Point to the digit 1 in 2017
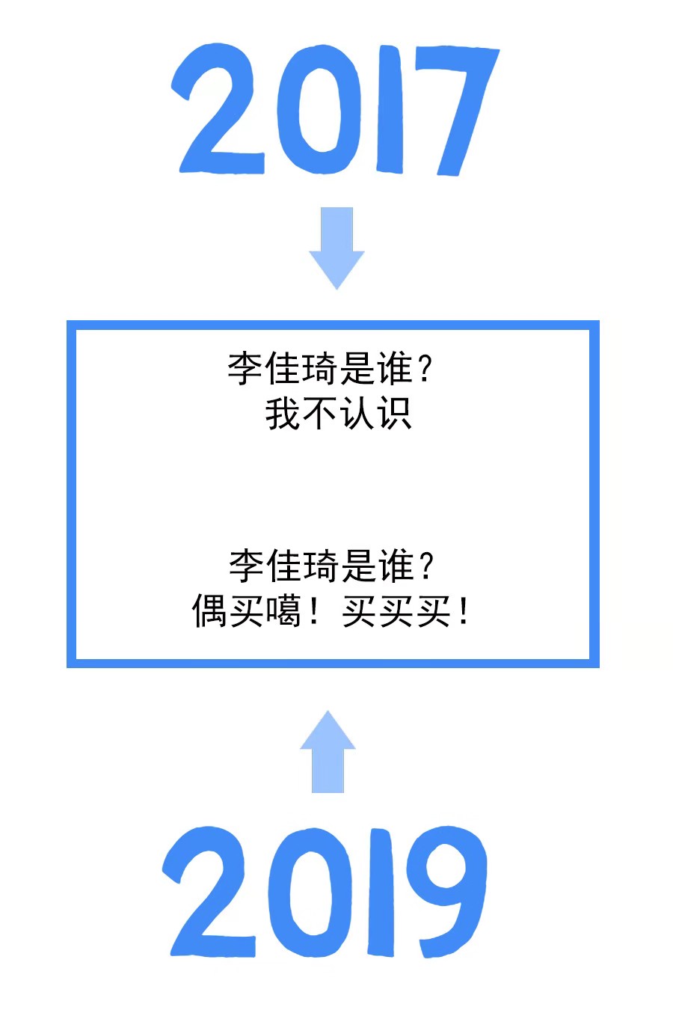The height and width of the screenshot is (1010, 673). coord(390,109)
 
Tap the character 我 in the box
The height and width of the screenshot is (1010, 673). coord(283,414)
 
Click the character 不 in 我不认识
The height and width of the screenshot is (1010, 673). coord(320,414)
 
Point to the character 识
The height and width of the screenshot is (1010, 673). coord(394,414)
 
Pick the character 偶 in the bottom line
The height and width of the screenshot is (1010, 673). coord(209,611)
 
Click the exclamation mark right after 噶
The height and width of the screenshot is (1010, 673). coord(315,611)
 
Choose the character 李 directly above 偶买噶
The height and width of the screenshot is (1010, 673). coord(247,566)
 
